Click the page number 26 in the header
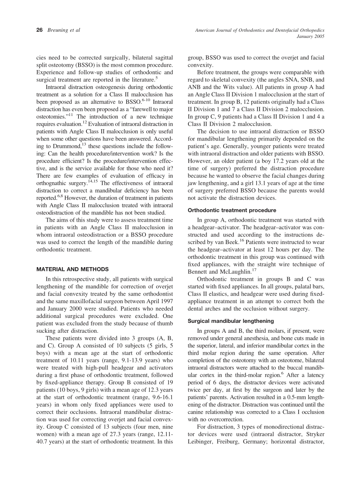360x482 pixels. tap(39, 30)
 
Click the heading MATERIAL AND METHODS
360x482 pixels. tap(72, 269)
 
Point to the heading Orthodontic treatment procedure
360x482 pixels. tap(232, 210)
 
